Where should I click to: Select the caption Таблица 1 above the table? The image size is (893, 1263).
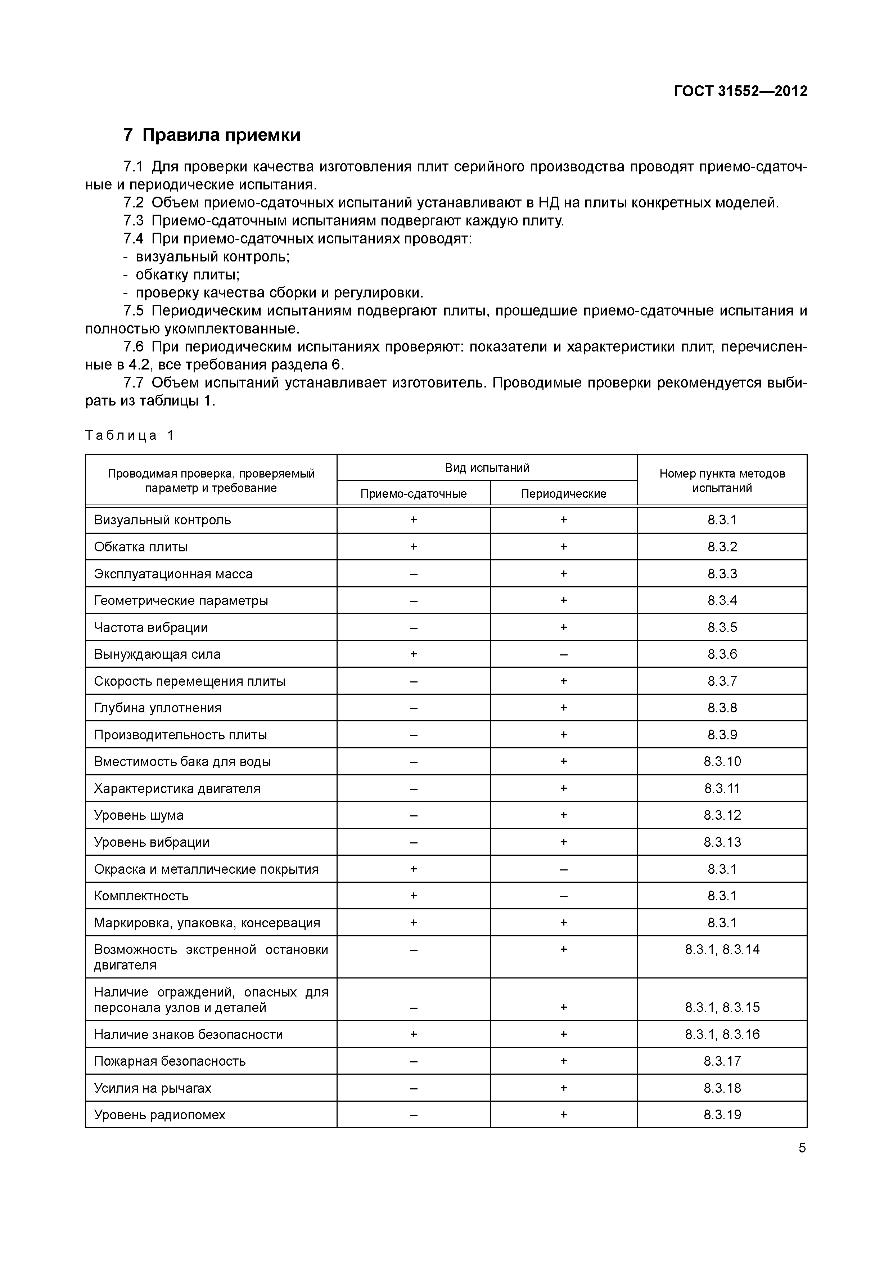(x=130, y=435)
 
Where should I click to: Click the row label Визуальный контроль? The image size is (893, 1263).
(x=162, y=520)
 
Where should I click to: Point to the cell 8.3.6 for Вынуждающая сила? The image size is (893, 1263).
(x=722, y=654)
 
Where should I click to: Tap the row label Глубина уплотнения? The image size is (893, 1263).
(x=158, y=708)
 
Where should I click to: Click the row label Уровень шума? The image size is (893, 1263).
(x=139, y=815)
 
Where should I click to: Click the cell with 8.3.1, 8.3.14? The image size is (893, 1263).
(x=722, y=949)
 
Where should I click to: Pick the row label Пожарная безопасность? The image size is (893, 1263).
(x=170, y=1061)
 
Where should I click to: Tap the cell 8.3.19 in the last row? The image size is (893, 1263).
(x=722, y=1115)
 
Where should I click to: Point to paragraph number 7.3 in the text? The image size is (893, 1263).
(x=133, y=221)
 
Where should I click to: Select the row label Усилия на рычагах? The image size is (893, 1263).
(x=152, y=1088)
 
